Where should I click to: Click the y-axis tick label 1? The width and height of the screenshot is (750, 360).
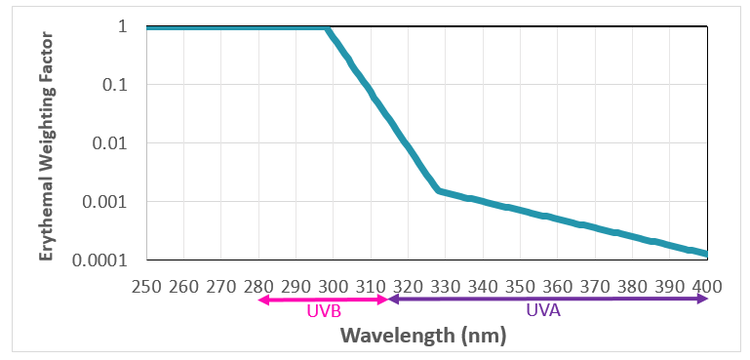(x=123, y=26)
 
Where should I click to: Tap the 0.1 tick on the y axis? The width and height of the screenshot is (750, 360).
(x=115, y=85)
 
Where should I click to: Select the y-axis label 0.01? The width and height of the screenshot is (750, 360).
(x=110, y=143)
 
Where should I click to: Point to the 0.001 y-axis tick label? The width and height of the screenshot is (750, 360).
(x=105, y=202)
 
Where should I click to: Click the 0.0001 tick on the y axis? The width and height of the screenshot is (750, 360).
(x=100, y=260)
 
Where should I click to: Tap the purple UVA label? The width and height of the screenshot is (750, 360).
(x=543, y=313)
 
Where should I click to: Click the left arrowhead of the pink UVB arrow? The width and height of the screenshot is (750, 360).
(x=261, y=300)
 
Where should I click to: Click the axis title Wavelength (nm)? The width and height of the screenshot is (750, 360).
(x=423, y=336)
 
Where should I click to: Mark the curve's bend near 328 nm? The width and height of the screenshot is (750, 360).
(x=439, y=190)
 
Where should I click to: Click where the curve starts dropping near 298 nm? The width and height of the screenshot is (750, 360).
(x=328, y=28)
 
